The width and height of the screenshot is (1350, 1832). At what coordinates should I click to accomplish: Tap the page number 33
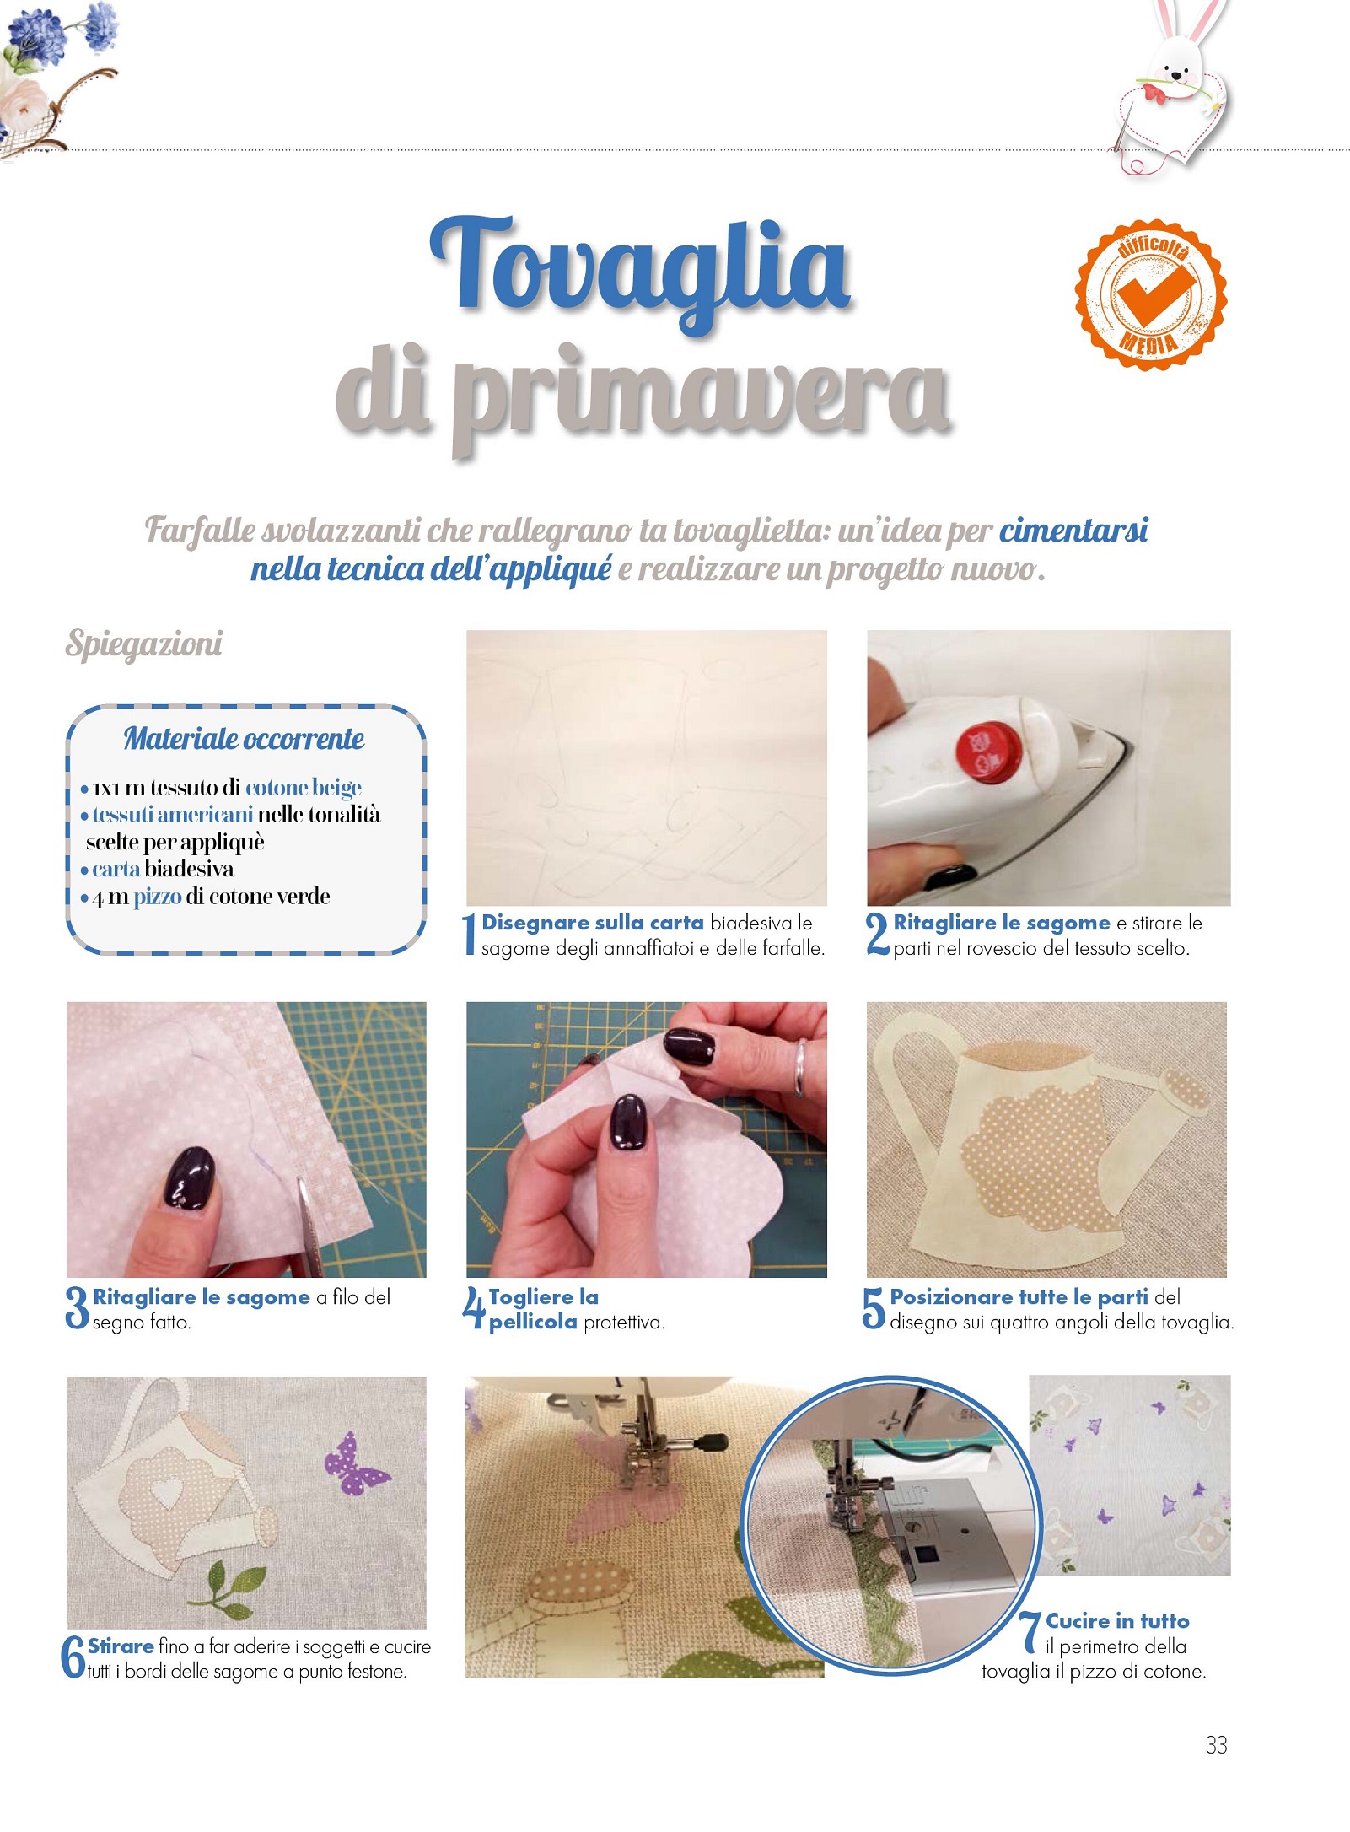point(1216,1744)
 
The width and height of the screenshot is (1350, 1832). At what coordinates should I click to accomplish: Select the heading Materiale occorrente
point(244,739)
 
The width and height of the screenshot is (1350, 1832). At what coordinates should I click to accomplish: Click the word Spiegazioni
point(144,644)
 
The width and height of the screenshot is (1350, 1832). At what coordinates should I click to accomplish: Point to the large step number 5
point(874,1308)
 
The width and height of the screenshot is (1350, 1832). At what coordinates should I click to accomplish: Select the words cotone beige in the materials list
point(304,788)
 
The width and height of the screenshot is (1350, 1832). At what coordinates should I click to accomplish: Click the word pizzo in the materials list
point(158,897)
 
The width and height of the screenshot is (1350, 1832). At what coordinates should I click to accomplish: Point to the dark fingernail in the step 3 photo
point(189,1177)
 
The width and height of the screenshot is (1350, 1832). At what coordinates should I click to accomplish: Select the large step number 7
point(1030,1632)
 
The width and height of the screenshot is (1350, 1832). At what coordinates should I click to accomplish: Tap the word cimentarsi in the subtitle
point(1073,531)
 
